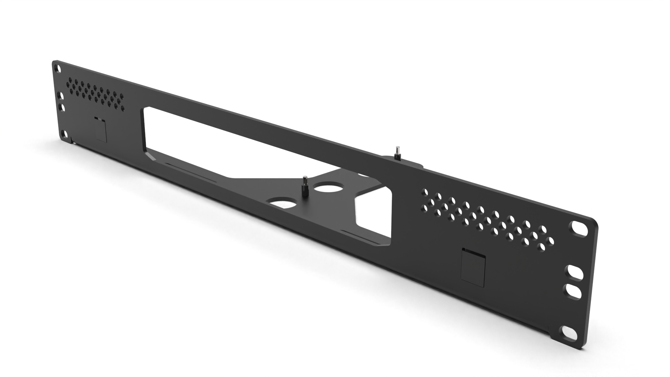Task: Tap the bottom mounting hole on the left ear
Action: pyautogui.click(x=64, y=134)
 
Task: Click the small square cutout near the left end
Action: pyautogui.click(x=100, y=129)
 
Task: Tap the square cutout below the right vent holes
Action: pyautogui.click(x=473, y=264)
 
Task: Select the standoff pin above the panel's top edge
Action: pyautogui.click(x=397, y=154)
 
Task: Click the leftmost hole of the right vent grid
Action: pyautogui.click(x=425, y=192)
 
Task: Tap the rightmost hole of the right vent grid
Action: pyautogui.click(x=550, y=241)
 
